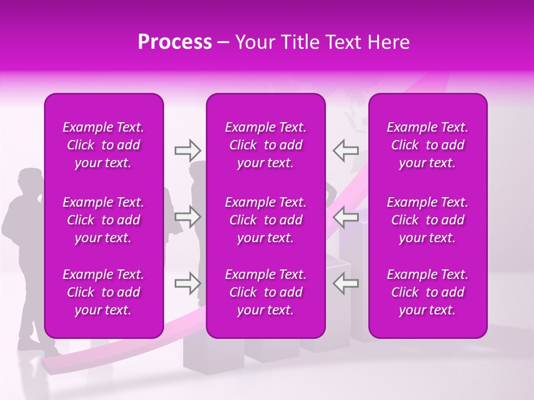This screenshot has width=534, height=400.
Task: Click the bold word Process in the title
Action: [x=175, y=42]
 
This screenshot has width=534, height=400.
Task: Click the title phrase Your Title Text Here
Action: [x=323, y=42]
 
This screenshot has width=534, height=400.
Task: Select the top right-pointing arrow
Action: [x=187, y=150]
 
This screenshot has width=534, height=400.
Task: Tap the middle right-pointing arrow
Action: [x=187, y=217]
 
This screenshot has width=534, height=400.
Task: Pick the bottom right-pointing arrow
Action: [x=187, y=283]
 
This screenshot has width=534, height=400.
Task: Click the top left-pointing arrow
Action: [x=345, y=150]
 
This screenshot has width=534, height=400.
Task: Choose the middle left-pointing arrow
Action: [x=345, y=217]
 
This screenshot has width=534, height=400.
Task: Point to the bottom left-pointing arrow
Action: [x=345, y=283]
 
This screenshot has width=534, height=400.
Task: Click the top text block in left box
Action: [x=103, y=145]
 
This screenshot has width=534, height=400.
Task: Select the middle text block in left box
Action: [x=103, y=220]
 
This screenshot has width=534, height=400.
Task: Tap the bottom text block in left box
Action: [x=103, y=292]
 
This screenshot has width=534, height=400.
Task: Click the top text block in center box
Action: [x=265, y=145]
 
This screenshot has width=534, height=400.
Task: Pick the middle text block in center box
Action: [x=265, y=220]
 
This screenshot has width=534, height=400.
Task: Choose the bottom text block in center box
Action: [x=265, y=292]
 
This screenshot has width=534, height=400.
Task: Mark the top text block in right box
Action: [x=427, y=145]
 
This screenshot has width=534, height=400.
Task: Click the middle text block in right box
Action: [x=427, y=220]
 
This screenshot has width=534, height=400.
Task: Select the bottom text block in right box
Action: [x=427, y=292]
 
